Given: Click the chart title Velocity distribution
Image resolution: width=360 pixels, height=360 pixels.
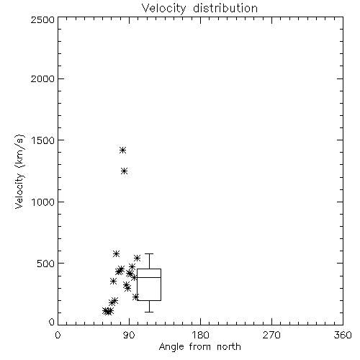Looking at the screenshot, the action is [199, 8].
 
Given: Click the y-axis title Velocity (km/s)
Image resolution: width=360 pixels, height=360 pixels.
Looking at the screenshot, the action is [19, 171].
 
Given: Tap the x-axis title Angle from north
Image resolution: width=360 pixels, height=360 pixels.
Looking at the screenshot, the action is [199, 347].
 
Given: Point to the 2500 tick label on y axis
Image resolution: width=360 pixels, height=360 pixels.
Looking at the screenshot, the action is [42, 19].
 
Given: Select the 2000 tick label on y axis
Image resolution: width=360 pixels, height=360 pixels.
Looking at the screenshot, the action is [42, 78].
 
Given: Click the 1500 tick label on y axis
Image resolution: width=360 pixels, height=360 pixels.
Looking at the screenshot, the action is [43, 140].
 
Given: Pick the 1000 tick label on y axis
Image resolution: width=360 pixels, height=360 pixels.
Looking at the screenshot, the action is [43, 202].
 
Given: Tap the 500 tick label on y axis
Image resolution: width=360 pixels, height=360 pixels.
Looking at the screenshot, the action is [46, 264].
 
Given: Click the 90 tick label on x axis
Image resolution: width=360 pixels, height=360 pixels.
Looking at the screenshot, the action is [129, 335].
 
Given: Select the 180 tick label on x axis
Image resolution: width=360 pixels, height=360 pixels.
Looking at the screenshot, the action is [200, 335].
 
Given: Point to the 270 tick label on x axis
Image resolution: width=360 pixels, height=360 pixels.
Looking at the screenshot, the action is [271, 335].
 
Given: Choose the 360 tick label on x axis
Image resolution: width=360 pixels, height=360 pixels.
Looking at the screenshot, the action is [343, 335].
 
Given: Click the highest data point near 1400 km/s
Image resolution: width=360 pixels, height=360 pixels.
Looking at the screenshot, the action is [122, 150].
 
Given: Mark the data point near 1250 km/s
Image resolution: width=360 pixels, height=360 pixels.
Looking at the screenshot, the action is [124, 171].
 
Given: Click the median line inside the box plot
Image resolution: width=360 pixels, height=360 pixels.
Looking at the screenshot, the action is [149, 277].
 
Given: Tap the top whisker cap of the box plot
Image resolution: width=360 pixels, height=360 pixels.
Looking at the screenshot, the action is [149, 253].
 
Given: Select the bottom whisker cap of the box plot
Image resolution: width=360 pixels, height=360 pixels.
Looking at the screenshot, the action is [149, 312].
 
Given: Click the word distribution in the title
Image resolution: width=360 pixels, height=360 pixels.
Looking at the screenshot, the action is [225, 8].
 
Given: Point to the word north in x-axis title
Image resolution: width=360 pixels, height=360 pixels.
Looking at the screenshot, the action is [229, 347].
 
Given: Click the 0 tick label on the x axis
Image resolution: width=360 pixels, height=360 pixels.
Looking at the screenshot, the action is [58, 335].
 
